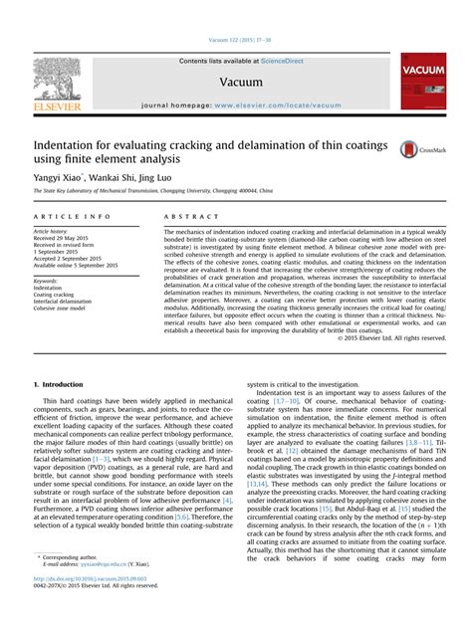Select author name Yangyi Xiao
tap(58, 174)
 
